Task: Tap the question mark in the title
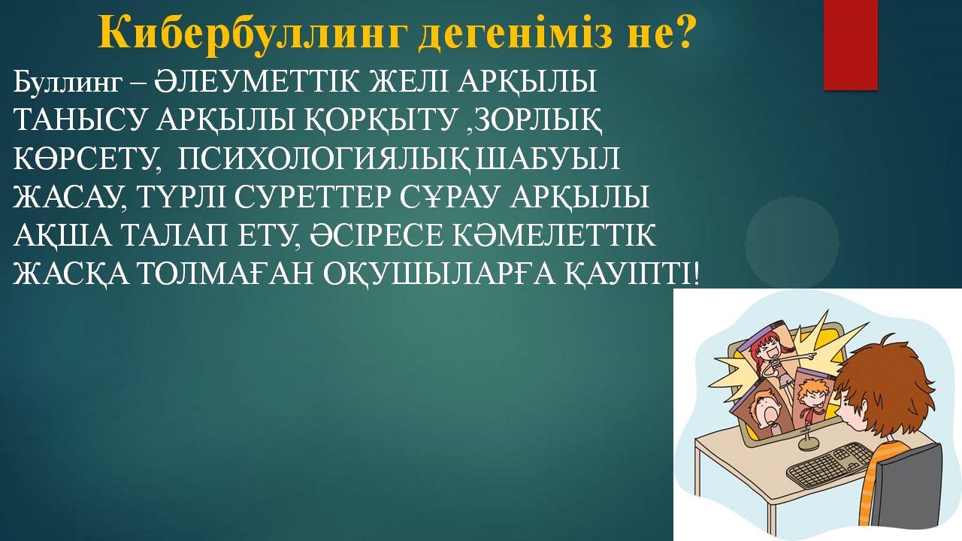coord(680,31)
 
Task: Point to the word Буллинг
coord(68,82)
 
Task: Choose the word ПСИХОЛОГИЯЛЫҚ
coord(321,159)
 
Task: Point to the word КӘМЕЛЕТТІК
coord(553,235)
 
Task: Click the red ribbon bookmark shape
coord(850,45)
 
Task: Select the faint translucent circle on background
coord(792,243)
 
